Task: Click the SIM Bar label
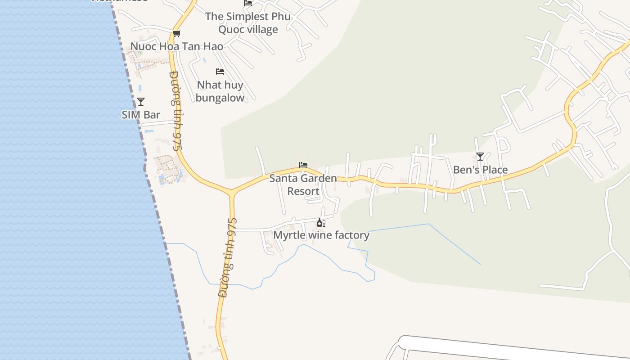(141, 115)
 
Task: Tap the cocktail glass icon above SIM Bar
(141, 102)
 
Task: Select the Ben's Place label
(480, 170)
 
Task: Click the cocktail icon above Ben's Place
(480, 157)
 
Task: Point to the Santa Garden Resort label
(303, 184)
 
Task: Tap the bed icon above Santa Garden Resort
(303, 165)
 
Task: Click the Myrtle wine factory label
(321, 235)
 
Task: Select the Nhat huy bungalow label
(220, 91)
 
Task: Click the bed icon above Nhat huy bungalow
(220, 72)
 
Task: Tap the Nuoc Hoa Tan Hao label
(176, 46)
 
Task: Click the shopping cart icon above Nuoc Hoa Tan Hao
(177, 33)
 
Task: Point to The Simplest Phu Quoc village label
(248, 23)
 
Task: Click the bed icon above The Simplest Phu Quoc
(248, 3)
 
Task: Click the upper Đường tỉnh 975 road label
(176, 111)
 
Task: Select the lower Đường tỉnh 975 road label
(228, 257)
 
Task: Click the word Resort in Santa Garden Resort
(303, 191)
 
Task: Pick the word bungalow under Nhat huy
(220, 98)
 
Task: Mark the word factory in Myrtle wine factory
(349, 235)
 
